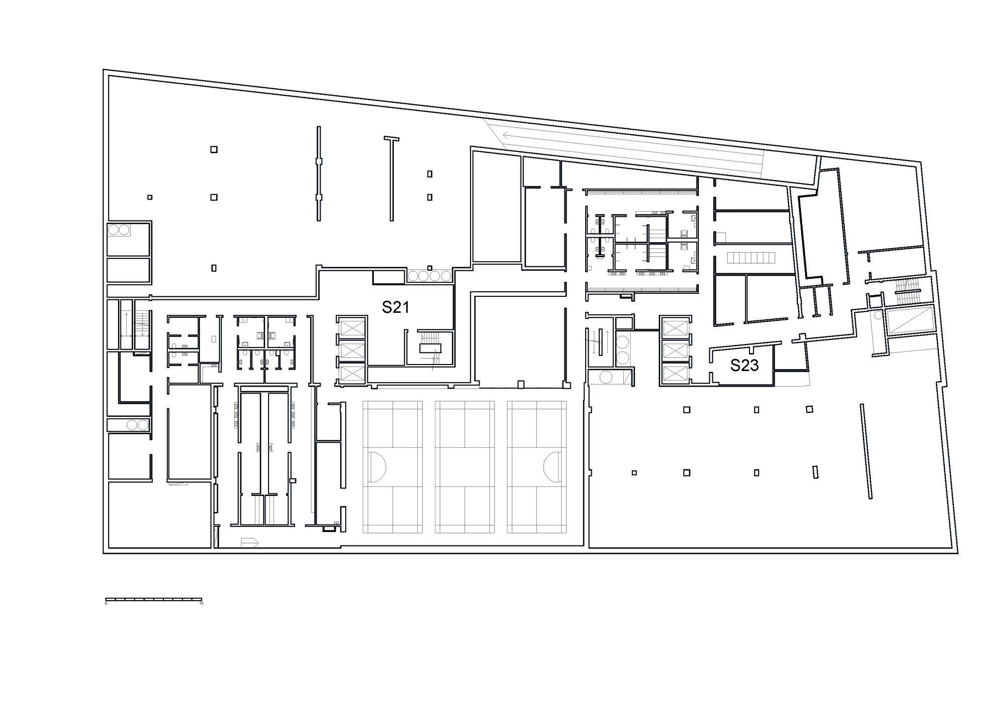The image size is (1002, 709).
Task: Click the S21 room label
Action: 395,307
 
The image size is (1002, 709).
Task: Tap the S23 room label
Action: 744,366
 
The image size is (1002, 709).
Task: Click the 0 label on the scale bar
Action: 106,603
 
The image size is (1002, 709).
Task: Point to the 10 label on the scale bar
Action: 201,603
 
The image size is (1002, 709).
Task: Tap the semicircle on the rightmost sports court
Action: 552,466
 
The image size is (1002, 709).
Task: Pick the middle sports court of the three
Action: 465,466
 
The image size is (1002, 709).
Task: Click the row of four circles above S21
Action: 430,276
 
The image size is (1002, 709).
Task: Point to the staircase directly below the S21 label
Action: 430,347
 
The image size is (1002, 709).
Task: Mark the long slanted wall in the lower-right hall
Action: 865,451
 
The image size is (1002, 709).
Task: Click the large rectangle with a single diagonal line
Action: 910,321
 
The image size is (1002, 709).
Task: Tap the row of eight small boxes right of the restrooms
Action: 751,258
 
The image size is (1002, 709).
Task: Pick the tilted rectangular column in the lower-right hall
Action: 815,472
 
